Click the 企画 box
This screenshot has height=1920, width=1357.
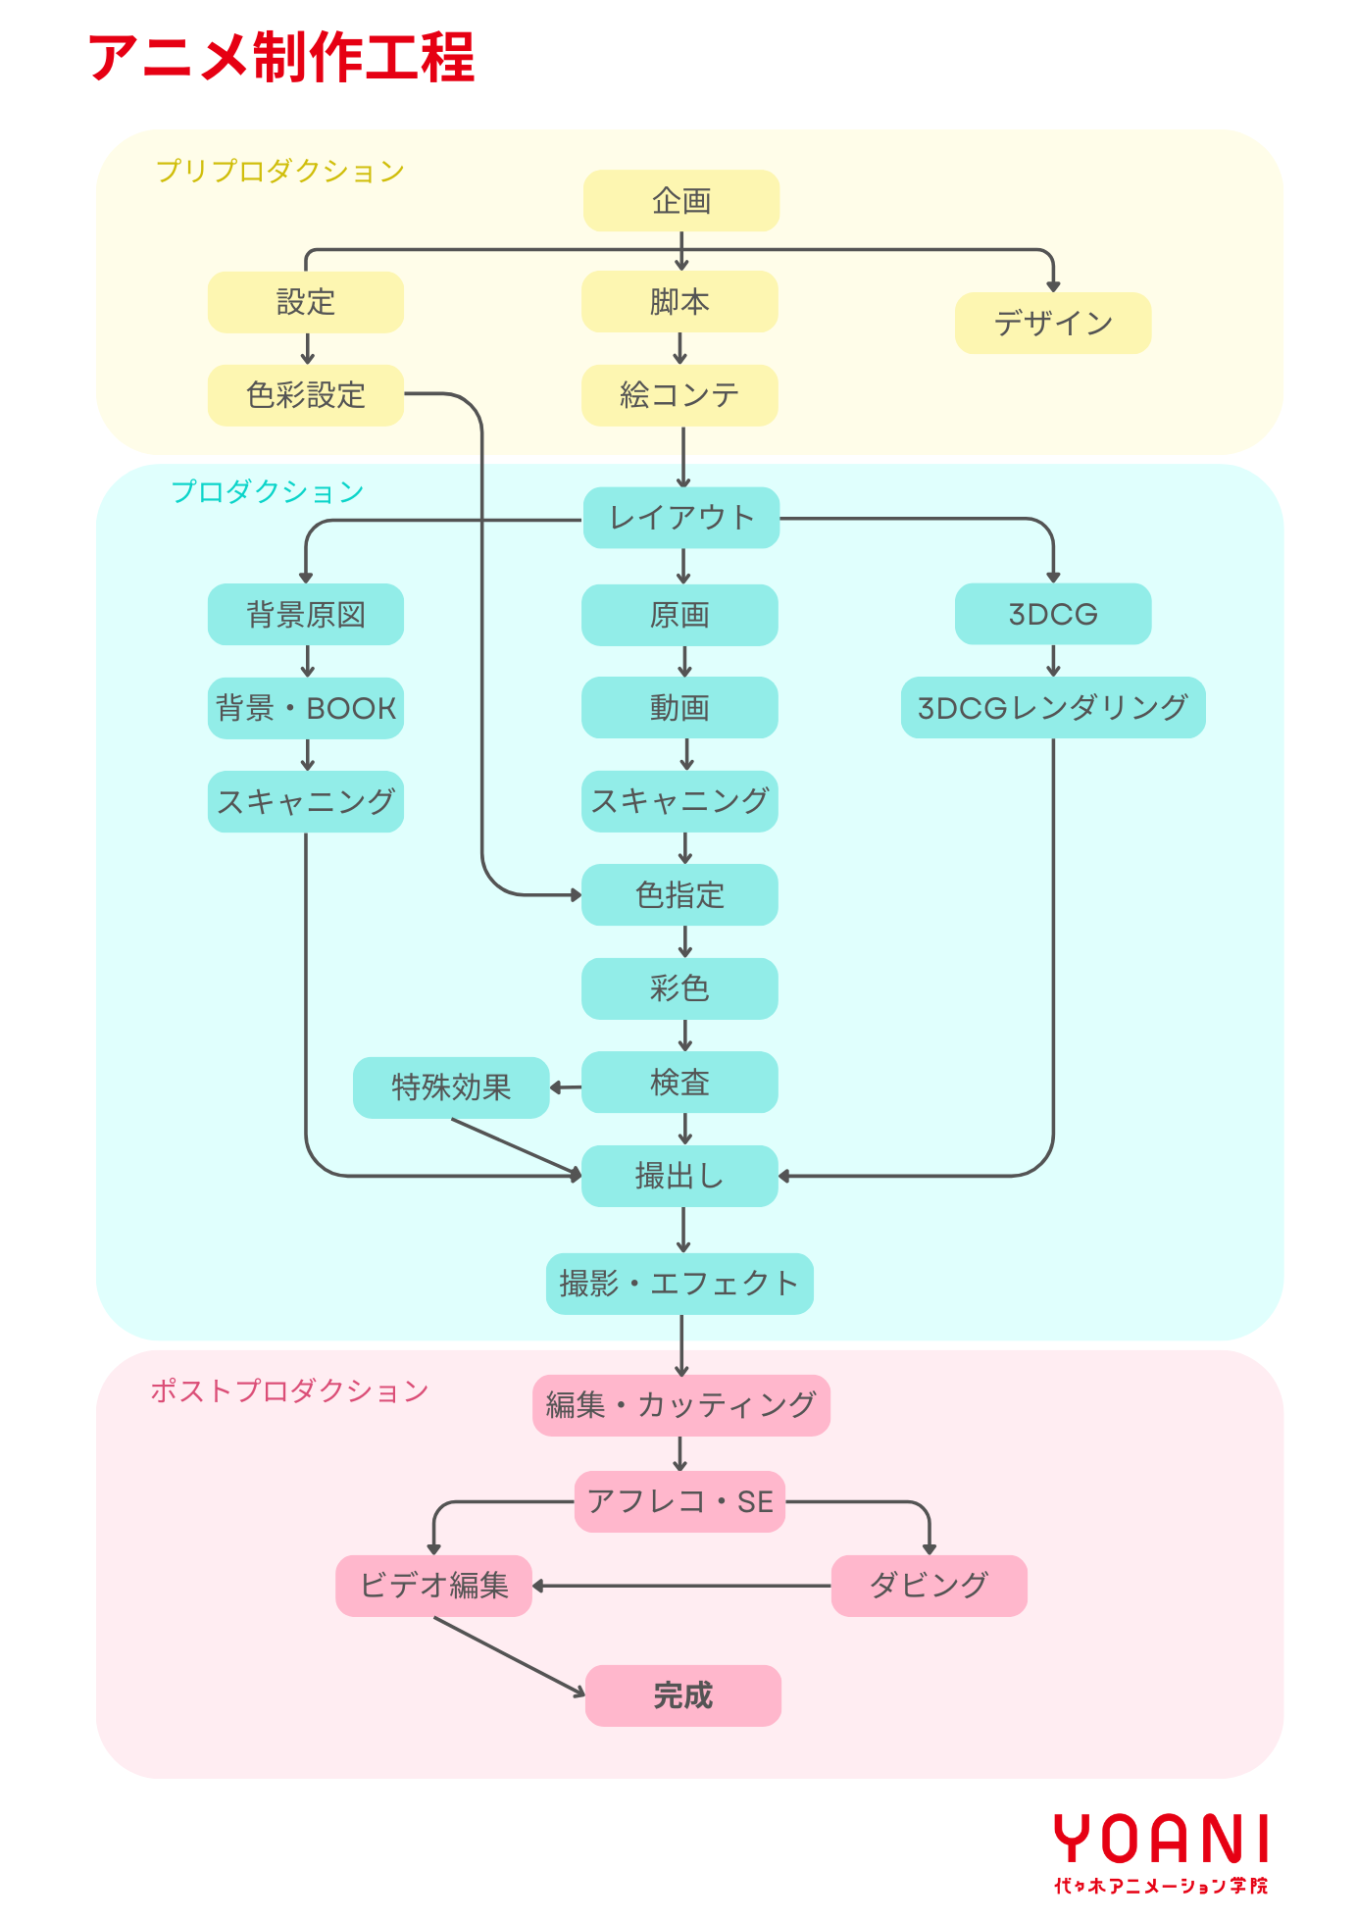[x=681, y=201]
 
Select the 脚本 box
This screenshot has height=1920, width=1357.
[x=679, y=302]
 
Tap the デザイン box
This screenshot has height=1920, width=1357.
[x=1053, y=323]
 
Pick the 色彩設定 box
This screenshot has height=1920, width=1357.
[x=306, y=395]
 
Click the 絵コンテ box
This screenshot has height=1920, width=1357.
[x=679, y=395]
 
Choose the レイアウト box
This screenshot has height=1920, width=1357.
[x=681, y=518]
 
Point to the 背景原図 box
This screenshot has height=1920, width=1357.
[x=306, y=615]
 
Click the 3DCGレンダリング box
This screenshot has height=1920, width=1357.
[x=1053, y=707]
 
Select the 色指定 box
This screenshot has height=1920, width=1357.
[x=679, y=895]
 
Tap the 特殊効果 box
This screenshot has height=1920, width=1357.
[x=451, y=1087]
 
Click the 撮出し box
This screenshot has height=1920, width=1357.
[x=679, y=1176]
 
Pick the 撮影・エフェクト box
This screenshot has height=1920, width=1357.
[x=679, y=1284]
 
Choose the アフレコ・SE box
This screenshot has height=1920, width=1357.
[x=679, y=1501]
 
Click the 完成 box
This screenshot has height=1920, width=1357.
[x=683, y=1695]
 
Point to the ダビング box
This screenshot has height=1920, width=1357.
[x=929, y=1586]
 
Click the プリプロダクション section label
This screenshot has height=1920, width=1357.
[x=280, y=171]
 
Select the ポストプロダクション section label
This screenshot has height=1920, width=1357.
[x=289, y=1390]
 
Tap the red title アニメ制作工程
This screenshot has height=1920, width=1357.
[x=281, y=57]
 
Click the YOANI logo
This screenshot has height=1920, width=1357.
[x=1161, y=1851]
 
